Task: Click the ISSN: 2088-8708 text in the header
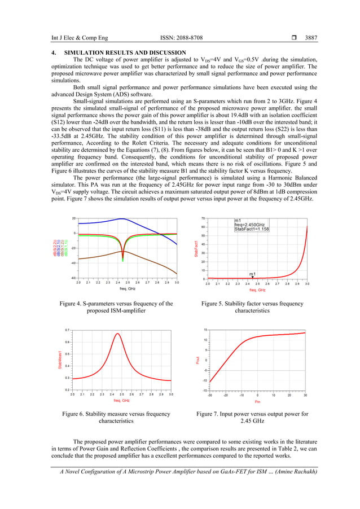pyautogui.click(x=181, y=38)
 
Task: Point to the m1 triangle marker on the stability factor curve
pyautogui.click(x=253, y=277)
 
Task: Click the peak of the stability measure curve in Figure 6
pyautogui.click(x=117, y=334)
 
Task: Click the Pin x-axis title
pyautogui.click(x=257, y=401)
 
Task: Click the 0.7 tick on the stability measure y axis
pyautogui.click(x=67, y=330)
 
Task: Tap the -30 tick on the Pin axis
pyautogui.click(x=210, y=395)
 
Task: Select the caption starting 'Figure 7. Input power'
pyautogui.click(x=252, y=418)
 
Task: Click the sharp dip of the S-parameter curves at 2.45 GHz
pyautogui.click(x=123, y=260)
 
